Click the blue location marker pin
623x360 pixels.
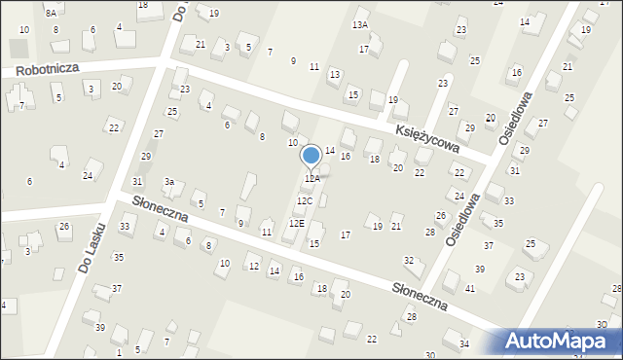point(311,157)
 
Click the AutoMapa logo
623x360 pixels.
point(561,342)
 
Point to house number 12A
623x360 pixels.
point(311,179)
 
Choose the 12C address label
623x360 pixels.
point(305,201)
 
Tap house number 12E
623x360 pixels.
point(296,224)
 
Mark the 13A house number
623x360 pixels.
point(360,24)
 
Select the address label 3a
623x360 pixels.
point(168,182)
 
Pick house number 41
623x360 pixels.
point(470,289)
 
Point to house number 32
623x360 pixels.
point(409,260)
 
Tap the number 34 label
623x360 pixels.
point(464,344)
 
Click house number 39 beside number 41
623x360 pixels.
point(480,269)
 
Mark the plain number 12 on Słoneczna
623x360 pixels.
point(253,267)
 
